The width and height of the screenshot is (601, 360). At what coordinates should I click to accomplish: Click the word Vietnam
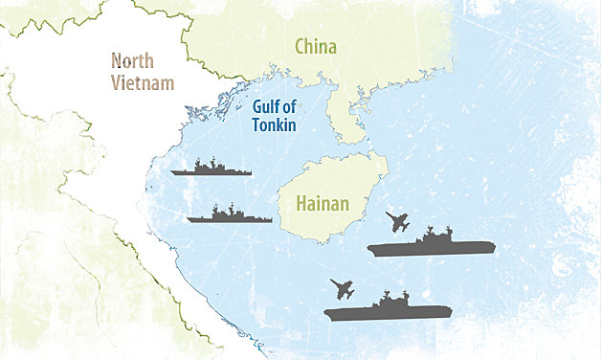pos(144,82)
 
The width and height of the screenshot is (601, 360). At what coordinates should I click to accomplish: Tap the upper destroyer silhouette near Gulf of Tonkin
pos(211,169)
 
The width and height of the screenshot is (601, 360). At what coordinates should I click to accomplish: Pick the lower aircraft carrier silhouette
pos(387,310)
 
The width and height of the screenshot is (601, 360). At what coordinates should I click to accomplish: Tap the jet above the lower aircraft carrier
pos(342,288)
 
